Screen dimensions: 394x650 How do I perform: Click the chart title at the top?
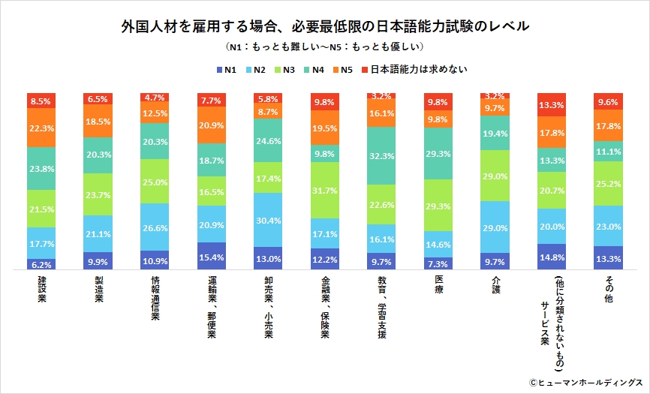(x=325, y=26)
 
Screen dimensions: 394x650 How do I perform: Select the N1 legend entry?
(x=226, y=70)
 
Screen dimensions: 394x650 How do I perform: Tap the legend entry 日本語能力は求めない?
(x=414, y=70)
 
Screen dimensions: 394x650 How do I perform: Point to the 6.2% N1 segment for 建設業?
(x=41, y=264)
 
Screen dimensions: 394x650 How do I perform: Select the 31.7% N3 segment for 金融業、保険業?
(x=324, y=190)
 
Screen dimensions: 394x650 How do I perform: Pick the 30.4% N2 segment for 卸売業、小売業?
(x=268, y=220)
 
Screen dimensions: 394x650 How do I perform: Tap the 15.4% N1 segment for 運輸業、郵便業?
(x=211, y=256)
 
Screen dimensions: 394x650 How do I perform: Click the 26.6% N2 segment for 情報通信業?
(x=154, y=227)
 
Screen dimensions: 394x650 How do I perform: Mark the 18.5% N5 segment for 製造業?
(x=98, y=121)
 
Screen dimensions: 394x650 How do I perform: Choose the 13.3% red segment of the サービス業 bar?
(x=552, y=104)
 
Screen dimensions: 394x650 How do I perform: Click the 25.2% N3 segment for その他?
(x=608, y=183)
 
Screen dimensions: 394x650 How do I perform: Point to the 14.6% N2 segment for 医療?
(x=438, y=244)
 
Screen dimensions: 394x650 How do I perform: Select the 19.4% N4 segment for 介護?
(x=495, y=132)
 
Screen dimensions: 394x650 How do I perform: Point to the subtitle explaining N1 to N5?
(x=325, y=47)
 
